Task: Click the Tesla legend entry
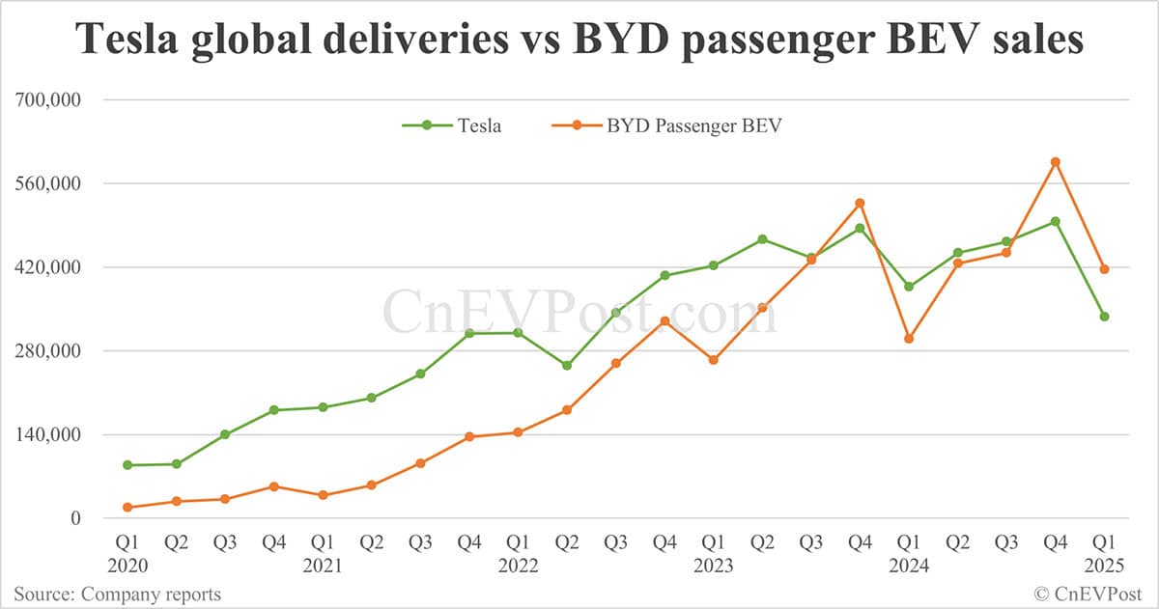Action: [x=478, y=125]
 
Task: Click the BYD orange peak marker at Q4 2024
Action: [x=1056, y=162]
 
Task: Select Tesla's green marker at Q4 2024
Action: [x=1056, y=221]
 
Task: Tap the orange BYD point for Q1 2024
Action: [x=909, y=339]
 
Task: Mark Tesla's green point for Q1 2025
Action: [x=1104, y=317]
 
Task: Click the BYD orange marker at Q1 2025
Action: [x=1104, y=269]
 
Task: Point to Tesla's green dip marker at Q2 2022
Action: [x=567, y=366]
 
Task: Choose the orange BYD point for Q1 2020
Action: [x=127, y=508]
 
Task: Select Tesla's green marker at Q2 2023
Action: [x=762, y=239]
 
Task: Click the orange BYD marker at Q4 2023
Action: [x=860, y=203]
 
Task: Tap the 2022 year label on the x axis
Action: [x=518, y=567]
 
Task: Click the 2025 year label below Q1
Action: [x=1104, y=567]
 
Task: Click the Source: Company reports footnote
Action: [x=117, y=594]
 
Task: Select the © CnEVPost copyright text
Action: [x=1089, y=594]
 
